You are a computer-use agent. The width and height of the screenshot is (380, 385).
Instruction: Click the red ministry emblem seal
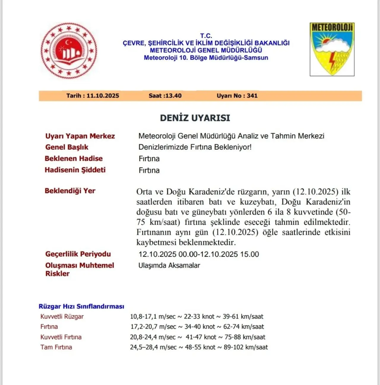tap(69, 50)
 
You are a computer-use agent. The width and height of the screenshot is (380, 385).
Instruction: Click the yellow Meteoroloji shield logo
tap(332, 49)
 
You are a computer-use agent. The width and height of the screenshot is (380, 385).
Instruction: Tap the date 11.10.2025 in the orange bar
tap(103, 96)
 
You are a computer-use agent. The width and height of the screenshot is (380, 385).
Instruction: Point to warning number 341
tap(252, 96)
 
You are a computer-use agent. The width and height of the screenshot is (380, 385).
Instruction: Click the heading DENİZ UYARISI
tap(195, 118)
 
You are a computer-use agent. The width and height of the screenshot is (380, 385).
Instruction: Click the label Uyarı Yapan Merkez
tap(80, 136)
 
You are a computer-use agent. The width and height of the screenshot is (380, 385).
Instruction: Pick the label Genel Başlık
tap(67, 147)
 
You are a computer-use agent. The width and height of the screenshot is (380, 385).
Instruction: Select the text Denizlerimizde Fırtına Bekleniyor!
tap(195, 147)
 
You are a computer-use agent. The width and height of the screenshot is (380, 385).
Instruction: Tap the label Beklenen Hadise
tap(74, 159)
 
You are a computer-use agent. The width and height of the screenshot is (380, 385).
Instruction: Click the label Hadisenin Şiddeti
tap(75, 170)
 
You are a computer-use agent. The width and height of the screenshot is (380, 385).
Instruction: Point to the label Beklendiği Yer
tap(70, 191)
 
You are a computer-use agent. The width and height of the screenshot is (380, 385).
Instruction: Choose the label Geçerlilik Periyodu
tap(78, 254)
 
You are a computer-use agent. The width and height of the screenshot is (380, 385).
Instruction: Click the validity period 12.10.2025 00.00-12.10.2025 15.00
tap(199, 254)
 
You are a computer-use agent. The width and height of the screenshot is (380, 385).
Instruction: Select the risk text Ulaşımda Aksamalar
tap(169, 266)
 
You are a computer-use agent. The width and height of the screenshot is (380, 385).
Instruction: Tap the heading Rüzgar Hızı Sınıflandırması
tap(81, 306)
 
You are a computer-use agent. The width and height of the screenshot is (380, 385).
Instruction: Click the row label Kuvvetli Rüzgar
tap(62, 317)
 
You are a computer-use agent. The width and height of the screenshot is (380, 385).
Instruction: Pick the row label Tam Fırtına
tap(56, 347)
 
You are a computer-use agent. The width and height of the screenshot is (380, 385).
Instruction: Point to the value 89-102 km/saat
tap(246, 347)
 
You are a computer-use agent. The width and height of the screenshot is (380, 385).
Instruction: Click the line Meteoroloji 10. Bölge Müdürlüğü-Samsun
tap(206, 58)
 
